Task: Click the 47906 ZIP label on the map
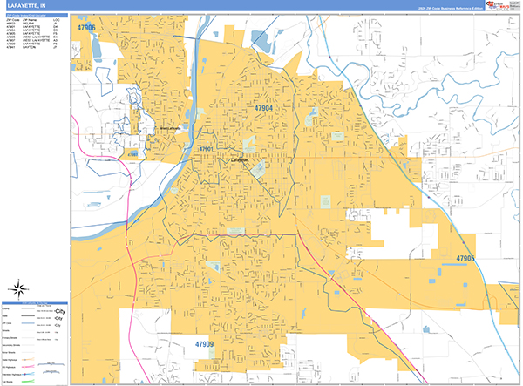[x=86, y=28]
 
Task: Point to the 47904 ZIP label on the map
[x=264, y=108]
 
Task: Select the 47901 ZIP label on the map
[x=207, y=149]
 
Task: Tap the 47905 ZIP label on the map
[x=465, y=258]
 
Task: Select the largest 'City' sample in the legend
[x=60, y=310]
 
